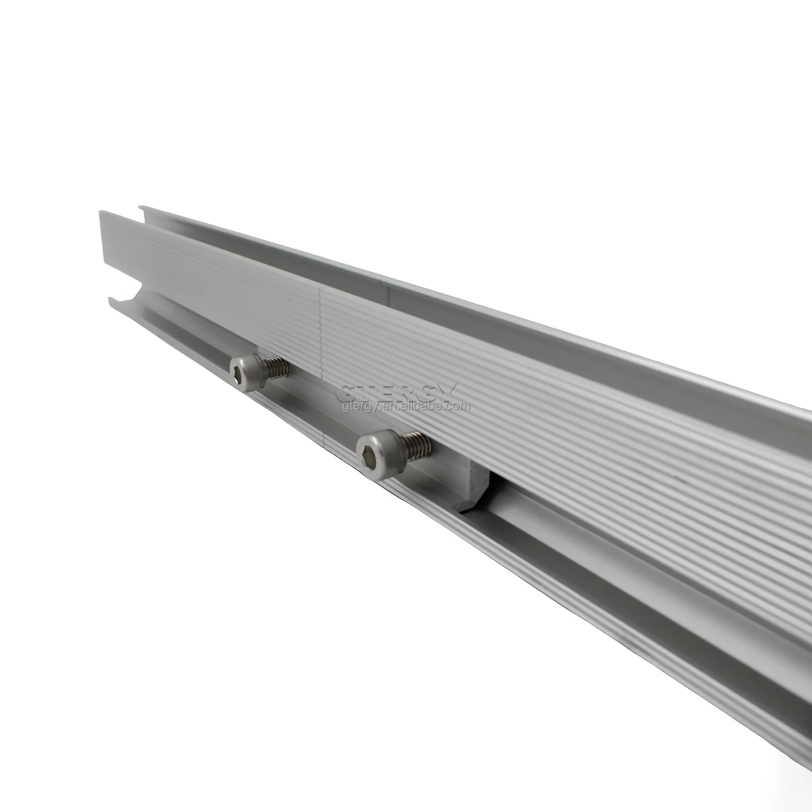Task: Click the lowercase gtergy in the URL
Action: pos(358,406)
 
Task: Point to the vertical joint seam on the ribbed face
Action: pos(320,332)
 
